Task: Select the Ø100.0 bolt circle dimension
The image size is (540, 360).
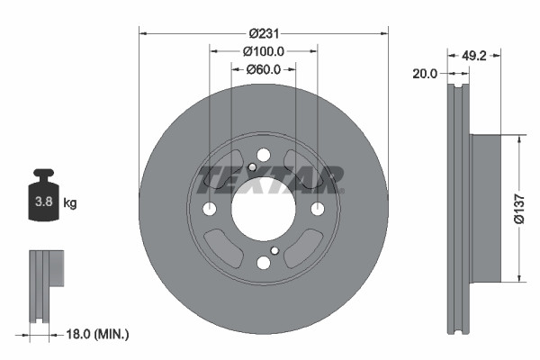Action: tap(264, 52)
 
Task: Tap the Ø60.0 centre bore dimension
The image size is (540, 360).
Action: tap(264, 68)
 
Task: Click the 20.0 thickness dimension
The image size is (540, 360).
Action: tap(424, 74)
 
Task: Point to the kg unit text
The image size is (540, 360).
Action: tap(70, 203)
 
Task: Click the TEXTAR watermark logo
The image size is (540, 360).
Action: tap(270, 179)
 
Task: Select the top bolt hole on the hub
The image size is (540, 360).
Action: tap(264, 155)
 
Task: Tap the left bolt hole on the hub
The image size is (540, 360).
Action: tap(210, 209)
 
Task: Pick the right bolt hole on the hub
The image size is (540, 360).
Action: tap(318, 209)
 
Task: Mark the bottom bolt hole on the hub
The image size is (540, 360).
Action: tap(264, 263)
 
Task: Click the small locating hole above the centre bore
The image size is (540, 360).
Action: tap(252, 167)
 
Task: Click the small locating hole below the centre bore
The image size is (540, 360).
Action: tap(275, 250)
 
